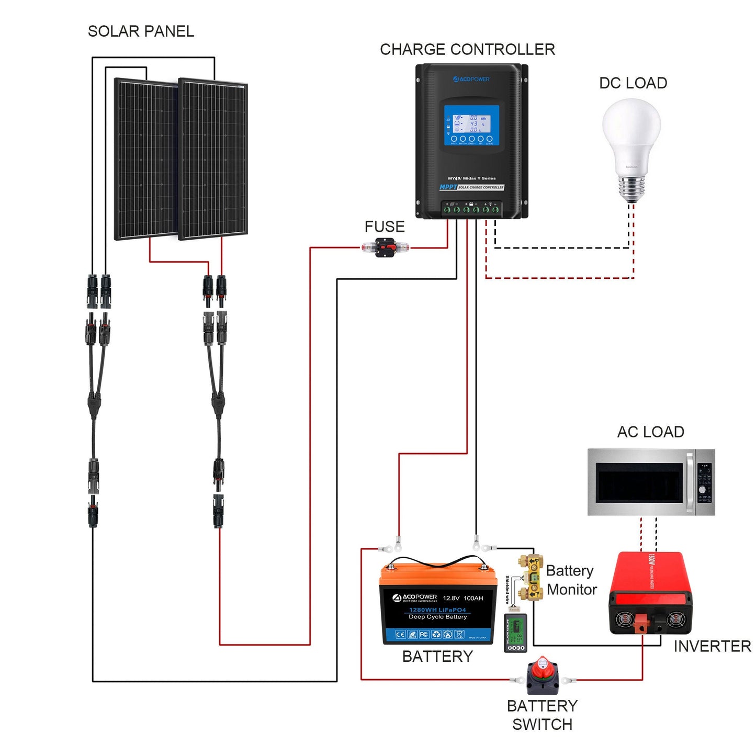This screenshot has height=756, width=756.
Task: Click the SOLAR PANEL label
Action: [x=141, y=31]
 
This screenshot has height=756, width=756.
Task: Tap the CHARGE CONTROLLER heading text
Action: [x=467, y=50]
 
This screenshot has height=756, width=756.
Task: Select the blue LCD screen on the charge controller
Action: [x=471, y=126]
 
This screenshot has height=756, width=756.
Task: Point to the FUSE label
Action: [x=385, y=227]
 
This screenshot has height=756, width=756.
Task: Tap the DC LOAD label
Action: [x=633, y=83]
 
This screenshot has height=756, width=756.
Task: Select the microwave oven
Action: [x=650, y=482]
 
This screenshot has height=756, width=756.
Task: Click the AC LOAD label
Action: [x=650, y=432]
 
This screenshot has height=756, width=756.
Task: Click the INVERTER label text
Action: [x=712, y=647]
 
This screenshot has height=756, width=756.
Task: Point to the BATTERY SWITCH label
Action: [x=542, y=715]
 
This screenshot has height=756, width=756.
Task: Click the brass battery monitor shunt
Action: [x=532, y=577]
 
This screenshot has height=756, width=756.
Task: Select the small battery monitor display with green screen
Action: [x=515, y=634]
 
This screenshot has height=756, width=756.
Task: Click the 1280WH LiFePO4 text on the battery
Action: [x=437, y=610]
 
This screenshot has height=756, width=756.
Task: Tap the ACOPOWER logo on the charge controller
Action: [x=471, y=80]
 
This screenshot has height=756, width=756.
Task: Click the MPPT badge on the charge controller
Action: [x=448, y=187]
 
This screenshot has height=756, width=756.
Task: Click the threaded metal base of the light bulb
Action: [x=631, y=189]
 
